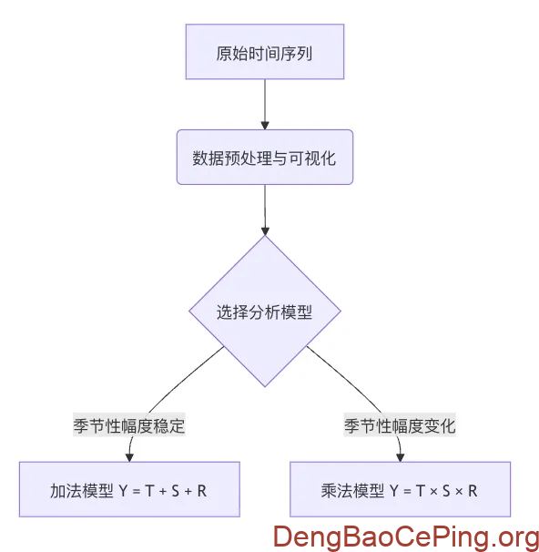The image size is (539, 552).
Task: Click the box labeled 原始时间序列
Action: tap(264, 51)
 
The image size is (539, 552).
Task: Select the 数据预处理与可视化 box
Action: tap(264, 158)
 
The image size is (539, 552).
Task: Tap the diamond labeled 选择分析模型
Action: tap(264, 312)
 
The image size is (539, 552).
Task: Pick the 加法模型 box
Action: tap(128, 490)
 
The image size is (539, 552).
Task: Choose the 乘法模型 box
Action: tap(400, 490)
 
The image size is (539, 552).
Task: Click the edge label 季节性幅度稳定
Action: tap(129, 425)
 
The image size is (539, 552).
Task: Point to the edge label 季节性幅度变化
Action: tap(400, 425)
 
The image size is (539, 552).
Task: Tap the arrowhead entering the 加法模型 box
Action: tap(129, 456)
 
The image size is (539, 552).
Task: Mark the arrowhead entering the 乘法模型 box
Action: tap(400, 456)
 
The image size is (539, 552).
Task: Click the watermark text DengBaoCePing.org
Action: tap(406, 536)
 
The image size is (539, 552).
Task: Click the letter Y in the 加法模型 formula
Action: tap(124, 491)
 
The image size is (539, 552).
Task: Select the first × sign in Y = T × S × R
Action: tap(433, 491)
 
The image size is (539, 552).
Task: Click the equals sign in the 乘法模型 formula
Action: tap(406, 491)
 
